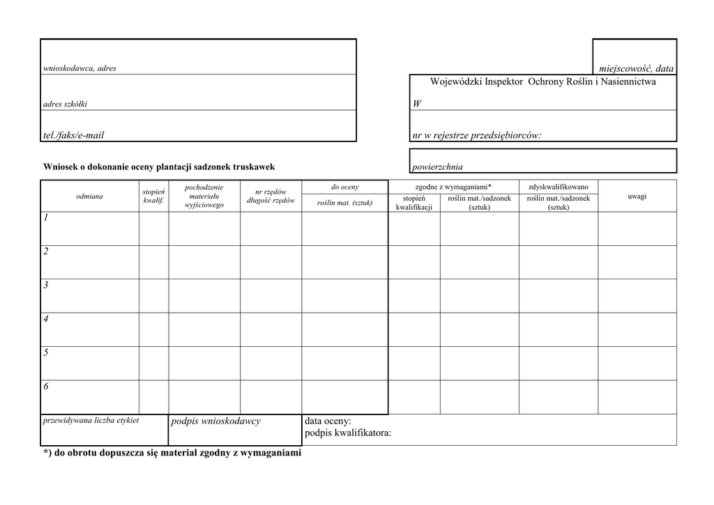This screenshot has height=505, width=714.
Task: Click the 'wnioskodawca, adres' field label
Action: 79,68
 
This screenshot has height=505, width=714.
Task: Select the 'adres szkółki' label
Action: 66,104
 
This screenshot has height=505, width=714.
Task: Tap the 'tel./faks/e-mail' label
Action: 73,135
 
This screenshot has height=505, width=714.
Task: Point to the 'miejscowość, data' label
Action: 637,68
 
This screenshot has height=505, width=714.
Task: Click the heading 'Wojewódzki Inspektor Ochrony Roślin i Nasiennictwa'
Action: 543,82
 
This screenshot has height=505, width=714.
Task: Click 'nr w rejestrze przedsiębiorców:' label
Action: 477,135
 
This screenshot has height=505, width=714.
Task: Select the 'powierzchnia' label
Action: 438,167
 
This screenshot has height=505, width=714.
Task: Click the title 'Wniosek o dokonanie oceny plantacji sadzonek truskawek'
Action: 159,167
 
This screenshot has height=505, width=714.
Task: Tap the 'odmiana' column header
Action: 89,196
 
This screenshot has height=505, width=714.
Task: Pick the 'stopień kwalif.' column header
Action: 153,196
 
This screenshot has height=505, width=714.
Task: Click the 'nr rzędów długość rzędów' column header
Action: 271,196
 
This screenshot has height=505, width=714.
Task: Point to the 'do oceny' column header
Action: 345,187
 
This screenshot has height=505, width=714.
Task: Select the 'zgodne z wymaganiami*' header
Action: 453,187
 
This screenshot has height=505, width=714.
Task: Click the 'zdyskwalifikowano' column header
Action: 559,187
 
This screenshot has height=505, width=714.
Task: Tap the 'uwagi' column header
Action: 637,196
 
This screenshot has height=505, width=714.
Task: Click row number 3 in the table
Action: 46,285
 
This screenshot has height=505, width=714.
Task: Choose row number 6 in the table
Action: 46,387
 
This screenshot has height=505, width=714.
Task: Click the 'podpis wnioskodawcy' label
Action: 215,421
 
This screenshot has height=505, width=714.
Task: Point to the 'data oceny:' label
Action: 328,421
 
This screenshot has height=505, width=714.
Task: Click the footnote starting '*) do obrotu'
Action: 172,453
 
